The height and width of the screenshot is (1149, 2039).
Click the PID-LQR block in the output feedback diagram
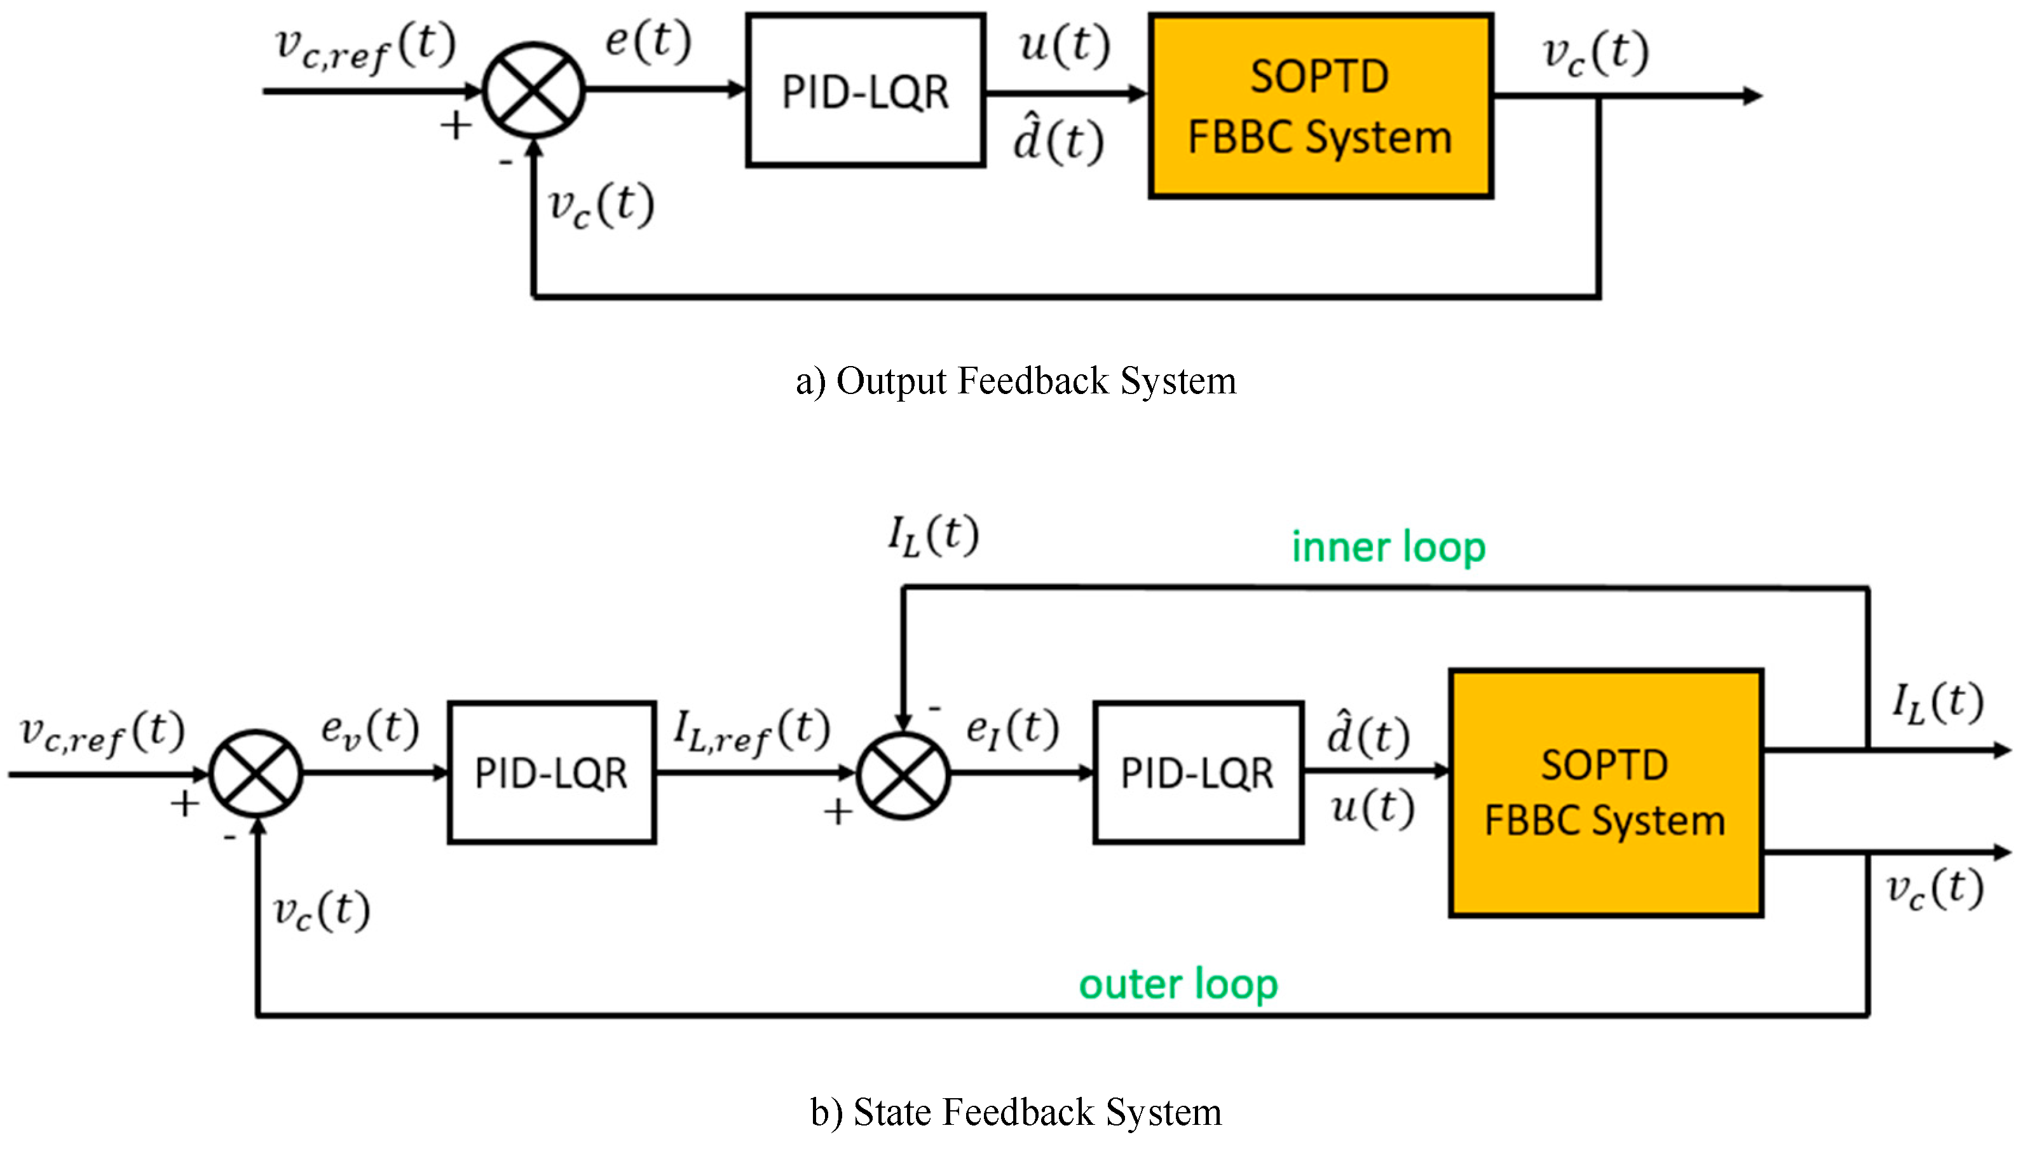[x=865, y=90]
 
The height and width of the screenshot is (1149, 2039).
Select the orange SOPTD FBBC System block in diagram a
[x=1320, y=105]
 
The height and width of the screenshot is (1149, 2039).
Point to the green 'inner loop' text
[x=1388, y=548]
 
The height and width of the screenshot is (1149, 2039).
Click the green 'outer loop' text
[x=1178, y=984]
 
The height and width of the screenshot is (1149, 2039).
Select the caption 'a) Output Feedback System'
[x=1016, y=381]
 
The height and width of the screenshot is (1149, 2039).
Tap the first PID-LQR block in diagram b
[x=551, y=772]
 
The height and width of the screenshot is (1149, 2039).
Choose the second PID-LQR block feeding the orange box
[x=1197, y=772]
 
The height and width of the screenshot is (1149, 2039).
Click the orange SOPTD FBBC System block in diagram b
[x=1606, y=793]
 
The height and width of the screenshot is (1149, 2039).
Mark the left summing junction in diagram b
[x=256, y=773]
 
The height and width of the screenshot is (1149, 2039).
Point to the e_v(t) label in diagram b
[x=369, y=729]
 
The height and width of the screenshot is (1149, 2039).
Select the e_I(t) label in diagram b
[x=1013, y=729]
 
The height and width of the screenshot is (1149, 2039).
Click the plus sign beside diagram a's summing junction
[x=456, y=126]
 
